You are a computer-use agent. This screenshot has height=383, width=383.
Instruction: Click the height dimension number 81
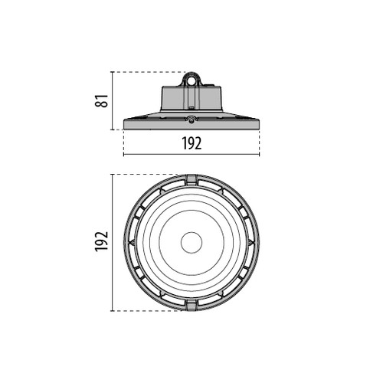tap(102, 101)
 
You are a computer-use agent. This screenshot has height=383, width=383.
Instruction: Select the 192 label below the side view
tap(191, 143)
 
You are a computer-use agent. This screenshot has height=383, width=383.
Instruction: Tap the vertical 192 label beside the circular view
tap(102, 241)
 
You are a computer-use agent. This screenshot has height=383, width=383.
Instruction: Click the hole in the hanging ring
tap(191, 80)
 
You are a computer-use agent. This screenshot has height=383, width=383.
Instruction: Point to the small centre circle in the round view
tap(191, 243)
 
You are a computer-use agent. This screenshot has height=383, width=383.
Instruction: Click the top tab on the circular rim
tap(191, 179)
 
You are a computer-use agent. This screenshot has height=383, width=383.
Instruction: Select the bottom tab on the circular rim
tap(191, 306)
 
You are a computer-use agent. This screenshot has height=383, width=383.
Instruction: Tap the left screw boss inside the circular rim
tap(133, 242)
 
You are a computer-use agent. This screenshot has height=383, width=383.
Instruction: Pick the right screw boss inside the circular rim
tap(250, 242)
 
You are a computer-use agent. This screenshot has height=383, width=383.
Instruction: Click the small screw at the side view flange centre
tap(191, 121)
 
